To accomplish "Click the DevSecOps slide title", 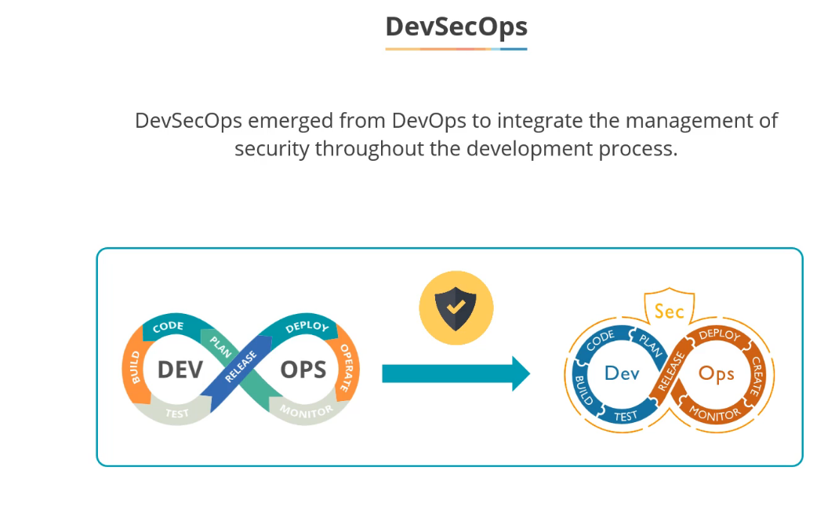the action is [456, 27].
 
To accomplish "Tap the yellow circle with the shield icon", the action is [456, 307].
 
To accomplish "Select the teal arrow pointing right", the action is [456, 373].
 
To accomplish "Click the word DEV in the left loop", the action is [180, 369].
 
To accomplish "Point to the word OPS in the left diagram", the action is [303, 369].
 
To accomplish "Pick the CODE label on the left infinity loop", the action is [168, 326].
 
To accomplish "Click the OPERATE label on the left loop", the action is [344, 366].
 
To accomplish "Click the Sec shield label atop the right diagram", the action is [669, 312].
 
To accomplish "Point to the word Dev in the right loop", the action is [622, 373].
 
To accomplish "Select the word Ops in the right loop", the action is [716, 373].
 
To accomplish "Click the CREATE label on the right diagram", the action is [757, 375].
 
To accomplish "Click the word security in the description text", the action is [272, 148].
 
